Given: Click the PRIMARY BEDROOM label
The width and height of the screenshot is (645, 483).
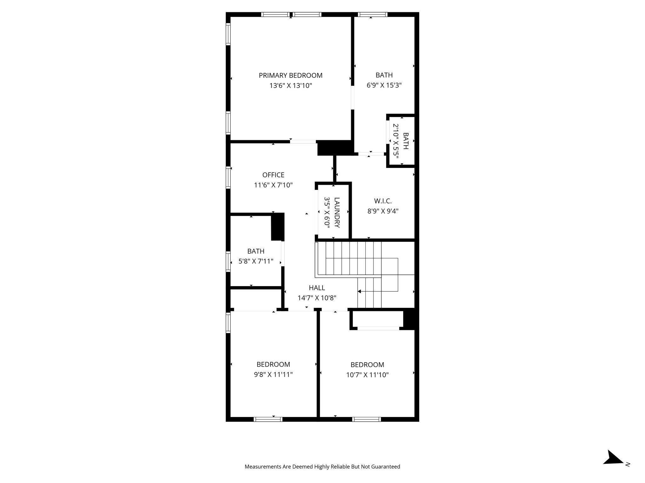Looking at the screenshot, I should pyautogui.click(x=290, y=75).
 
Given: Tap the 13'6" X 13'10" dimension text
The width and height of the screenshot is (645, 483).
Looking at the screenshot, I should pyautogui.click(x=290, y=86).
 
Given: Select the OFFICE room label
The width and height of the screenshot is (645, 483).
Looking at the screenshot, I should pyautogui.click(x=273, y=175).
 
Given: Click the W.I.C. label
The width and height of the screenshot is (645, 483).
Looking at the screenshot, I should pyautogui.click(x=383, y=201).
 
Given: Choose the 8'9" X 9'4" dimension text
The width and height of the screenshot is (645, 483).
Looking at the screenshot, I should pyautogui.click(x=383, y=211).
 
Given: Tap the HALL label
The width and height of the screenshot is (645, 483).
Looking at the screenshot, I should pyautogui.click(x=317, y=288).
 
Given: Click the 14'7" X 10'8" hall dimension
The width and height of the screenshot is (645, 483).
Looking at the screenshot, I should pyautogui.click(x=317, y=298).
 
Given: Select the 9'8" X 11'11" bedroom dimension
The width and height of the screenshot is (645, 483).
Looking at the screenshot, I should pyautogui.click(x=273, y=375).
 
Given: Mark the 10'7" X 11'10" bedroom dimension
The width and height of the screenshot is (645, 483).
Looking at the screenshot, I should pyautogui.click(x=367, y=375).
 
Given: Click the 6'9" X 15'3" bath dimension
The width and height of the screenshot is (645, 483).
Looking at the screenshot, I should pyautogui.click(x=384, y=85).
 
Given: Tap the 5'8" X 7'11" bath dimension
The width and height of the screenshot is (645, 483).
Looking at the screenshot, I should pyautogui.click(x=255, y=261).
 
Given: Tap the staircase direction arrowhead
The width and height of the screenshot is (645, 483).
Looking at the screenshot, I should pyautogui.click(x=359, y=291).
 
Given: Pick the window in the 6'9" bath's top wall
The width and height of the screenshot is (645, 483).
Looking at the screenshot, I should pyautogui.click(x=373, y=14).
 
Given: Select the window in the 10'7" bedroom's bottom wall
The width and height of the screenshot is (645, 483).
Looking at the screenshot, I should pyautogui.click(x=366, y=419).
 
